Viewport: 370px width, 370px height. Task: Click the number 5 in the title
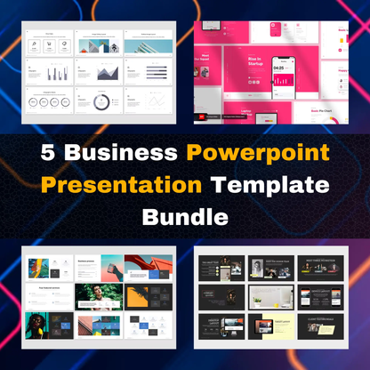click(x=52, y=152)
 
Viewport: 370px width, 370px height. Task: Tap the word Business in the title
click(x=124, y=152)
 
